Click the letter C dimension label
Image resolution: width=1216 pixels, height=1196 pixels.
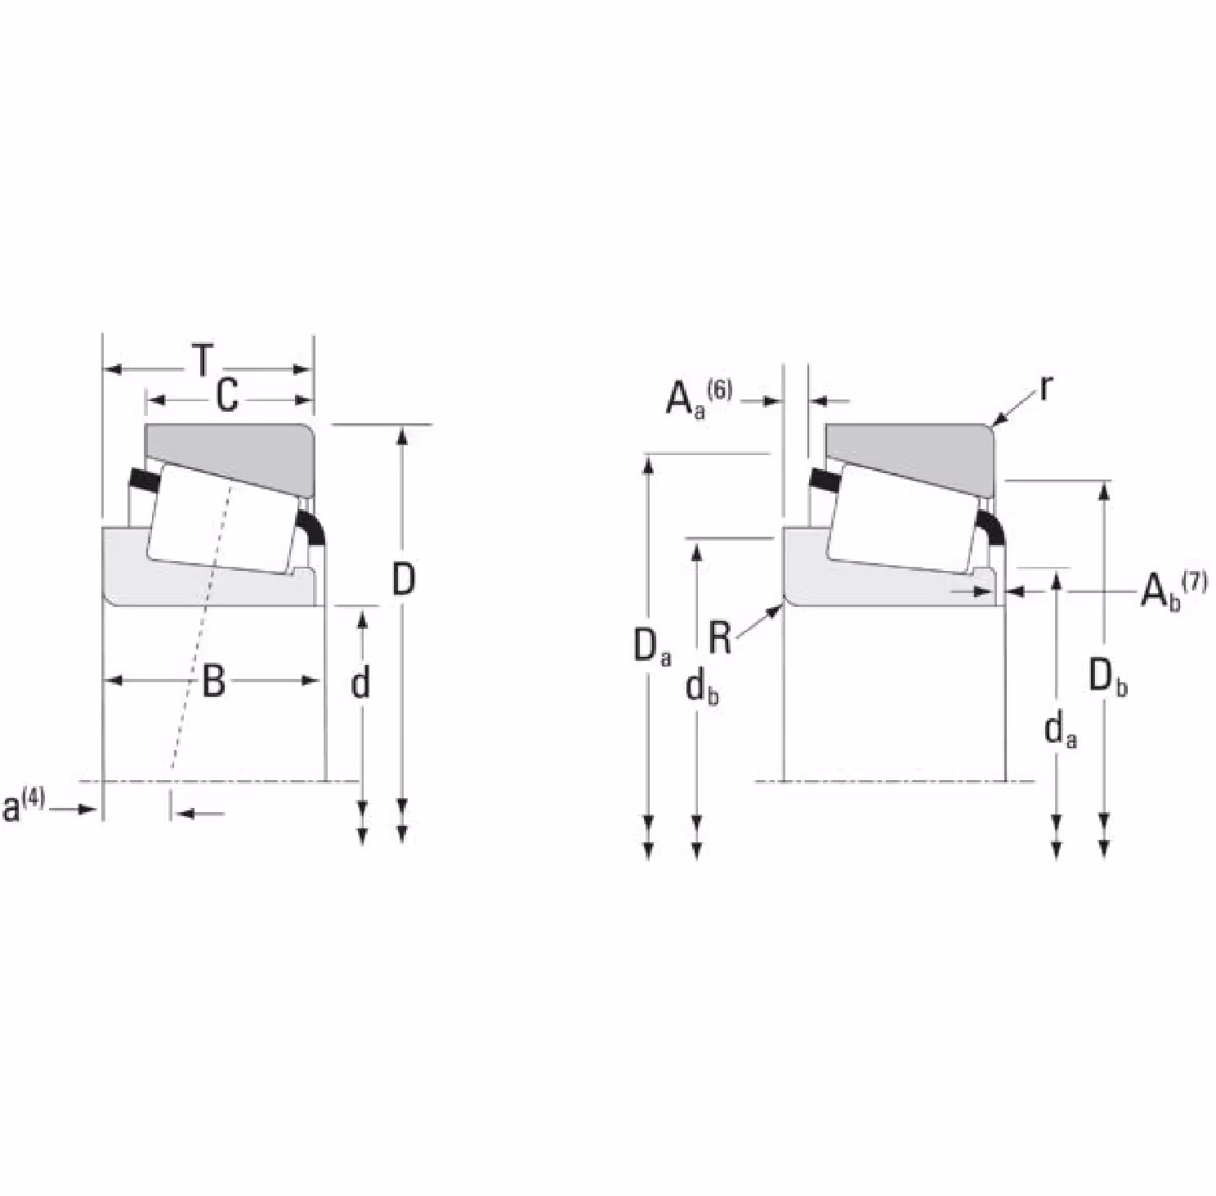point(227,395)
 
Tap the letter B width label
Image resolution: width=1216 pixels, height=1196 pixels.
point(213,681)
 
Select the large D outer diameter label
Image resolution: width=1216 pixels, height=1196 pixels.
point(404,579)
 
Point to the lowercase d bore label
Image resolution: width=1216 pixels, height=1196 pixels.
point(360,683)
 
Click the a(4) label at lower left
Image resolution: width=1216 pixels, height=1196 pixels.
point(24,805)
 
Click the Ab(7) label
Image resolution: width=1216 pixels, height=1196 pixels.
point(1174,591)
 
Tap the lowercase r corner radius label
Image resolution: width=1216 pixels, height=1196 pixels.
point(1045,390)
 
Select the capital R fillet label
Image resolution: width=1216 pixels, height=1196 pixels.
point(720,638)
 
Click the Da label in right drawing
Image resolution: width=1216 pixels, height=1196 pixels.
point(652,646)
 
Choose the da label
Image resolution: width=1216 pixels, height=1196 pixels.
point(1061,729)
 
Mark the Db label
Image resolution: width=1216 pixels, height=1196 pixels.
point(1108,677)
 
